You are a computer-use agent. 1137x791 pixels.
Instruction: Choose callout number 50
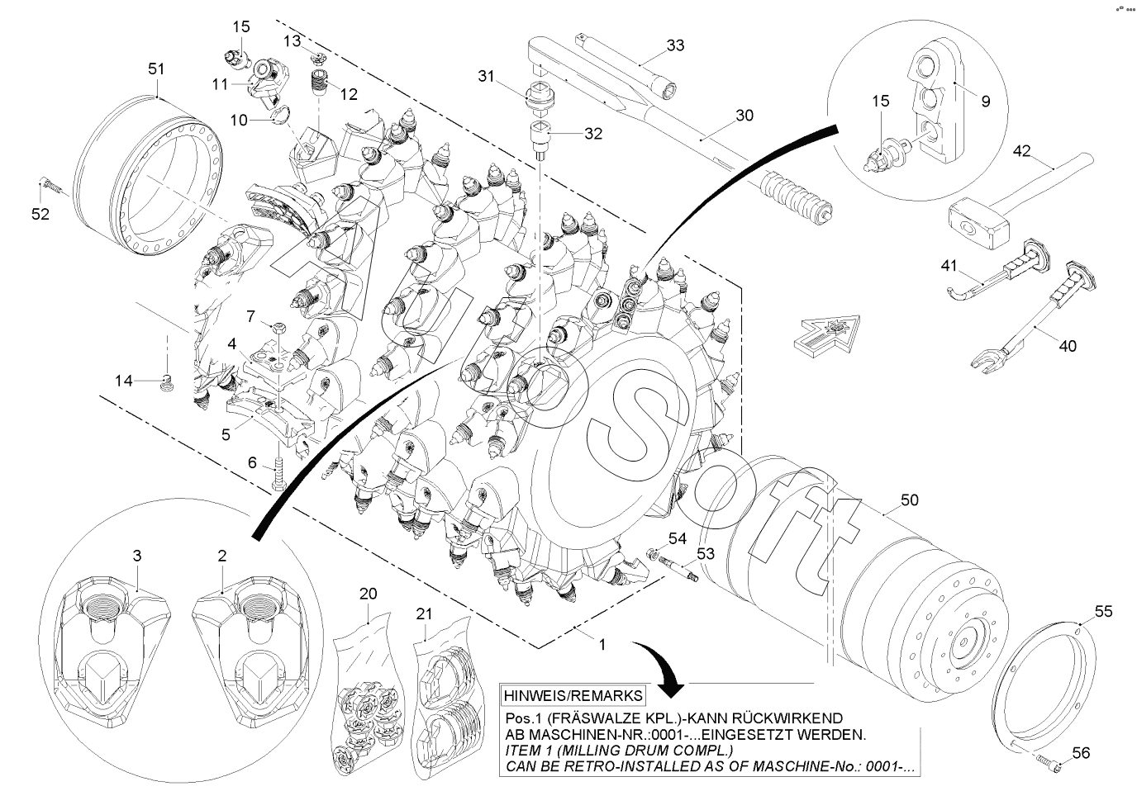909,500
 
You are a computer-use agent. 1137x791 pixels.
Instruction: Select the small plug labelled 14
167,382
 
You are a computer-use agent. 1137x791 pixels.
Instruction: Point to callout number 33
675,45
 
